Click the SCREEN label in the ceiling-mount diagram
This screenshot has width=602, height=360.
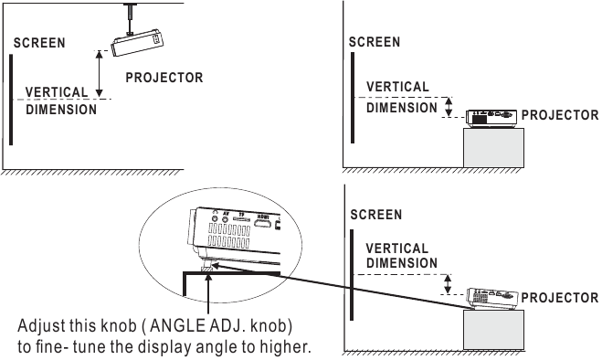[39, 44]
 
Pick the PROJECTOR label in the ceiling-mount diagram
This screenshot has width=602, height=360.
[164, 79]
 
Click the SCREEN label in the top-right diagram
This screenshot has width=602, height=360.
[375, 42]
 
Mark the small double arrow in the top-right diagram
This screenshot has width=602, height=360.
[448, 107]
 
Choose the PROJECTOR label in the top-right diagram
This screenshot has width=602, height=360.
[560, 116]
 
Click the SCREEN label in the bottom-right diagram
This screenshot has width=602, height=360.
[375, 215]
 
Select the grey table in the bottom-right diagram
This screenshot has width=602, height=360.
[493, 330]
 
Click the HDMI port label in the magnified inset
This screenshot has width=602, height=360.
[263, 219]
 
